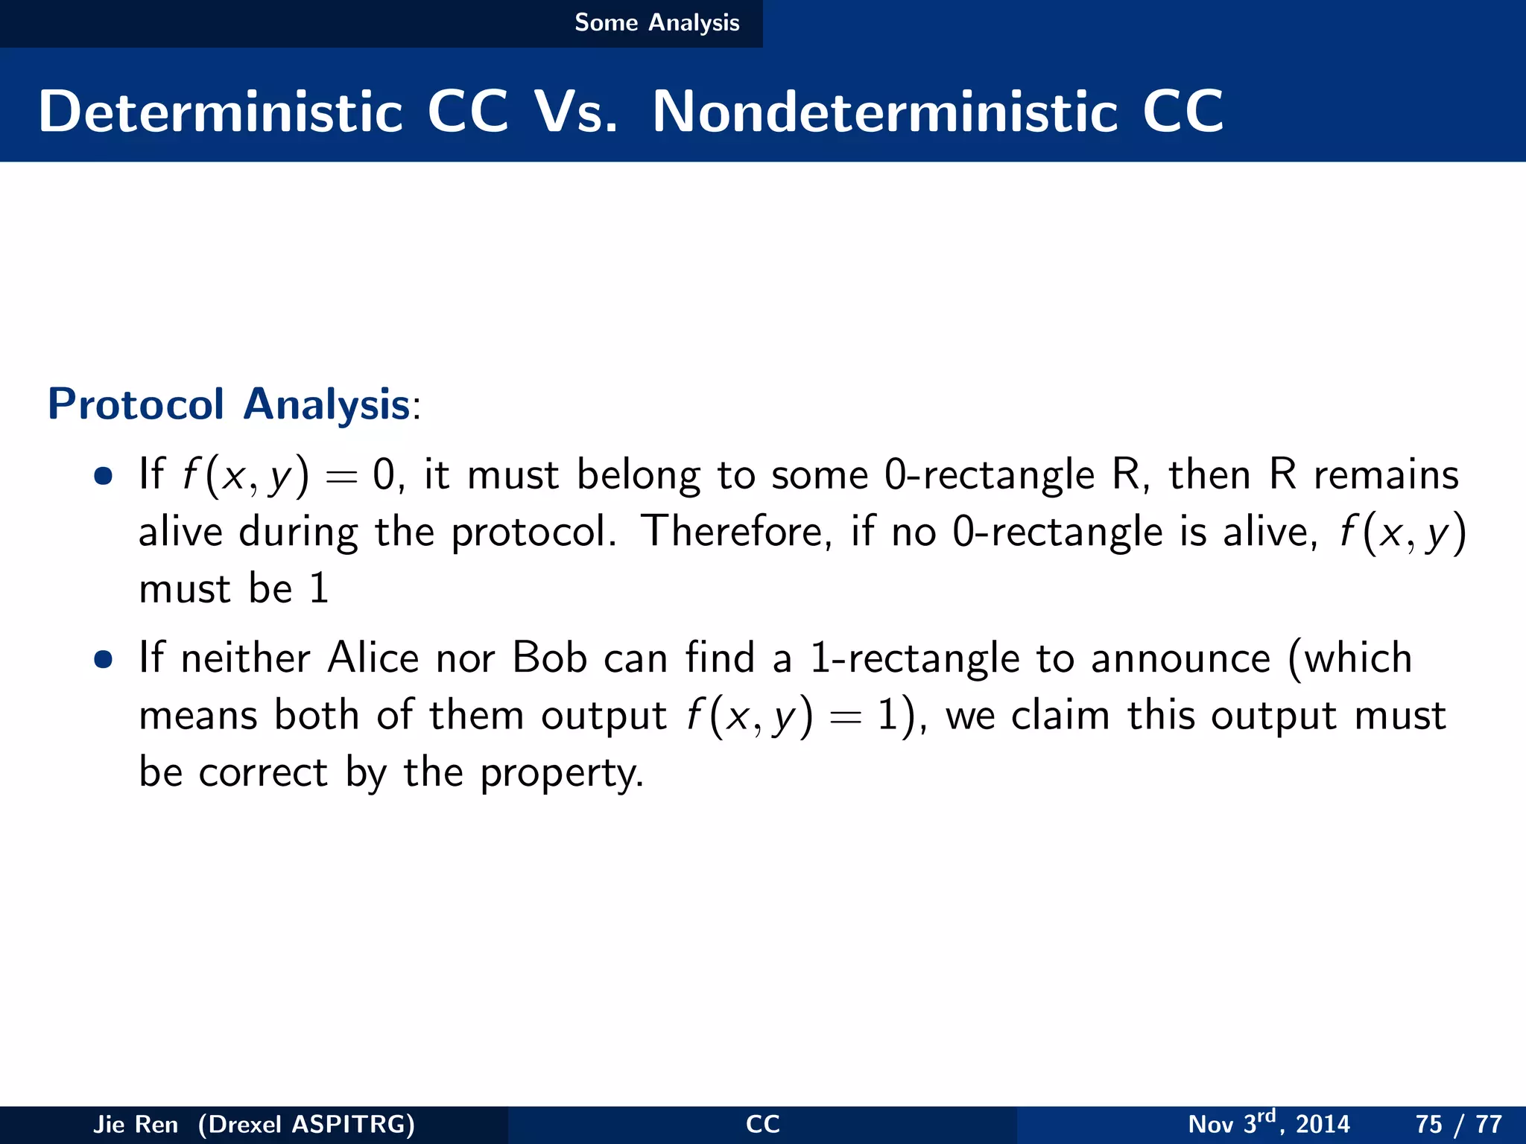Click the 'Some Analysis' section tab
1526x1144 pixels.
(656, 22)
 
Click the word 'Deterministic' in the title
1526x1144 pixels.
(221, 112)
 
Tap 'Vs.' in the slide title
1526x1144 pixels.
(575, 112)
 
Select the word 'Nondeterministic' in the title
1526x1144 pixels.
(884, 112)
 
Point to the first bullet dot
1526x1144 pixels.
(104, 475)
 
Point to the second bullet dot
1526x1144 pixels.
(104, 658)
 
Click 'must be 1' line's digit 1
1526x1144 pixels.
(319, 588)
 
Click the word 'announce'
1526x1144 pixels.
(1180, 659)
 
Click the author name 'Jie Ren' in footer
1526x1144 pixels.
(136, 1124)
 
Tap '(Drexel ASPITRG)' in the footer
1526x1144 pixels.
(306, 1124)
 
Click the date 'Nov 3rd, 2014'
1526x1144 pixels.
(1268, 1123)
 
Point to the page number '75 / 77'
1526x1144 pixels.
(1458, 1124)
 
